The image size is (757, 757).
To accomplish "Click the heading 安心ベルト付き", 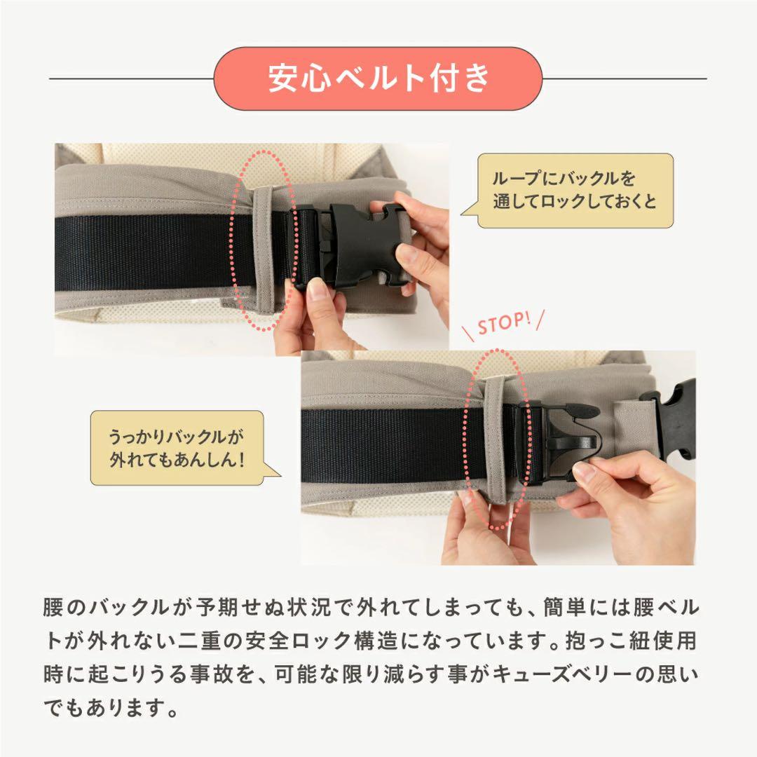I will coord(378,79).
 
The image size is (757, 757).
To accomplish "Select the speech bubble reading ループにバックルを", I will coord(574,191).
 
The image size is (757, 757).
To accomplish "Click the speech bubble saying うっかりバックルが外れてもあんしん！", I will coord(177,449).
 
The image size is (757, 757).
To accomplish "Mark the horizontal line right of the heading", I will coord(624,79).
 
